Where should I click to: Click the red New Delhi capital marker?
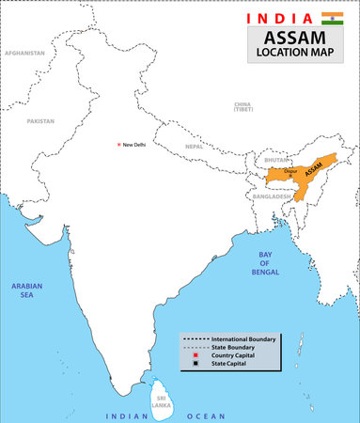(117, 145)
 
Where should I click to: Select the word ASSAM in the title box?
(296, 37)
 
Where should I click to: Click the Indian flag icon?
(332, 19)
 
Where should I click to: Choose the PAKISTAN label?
(40, 121)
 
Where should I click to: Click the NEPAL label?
(194, 147)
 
